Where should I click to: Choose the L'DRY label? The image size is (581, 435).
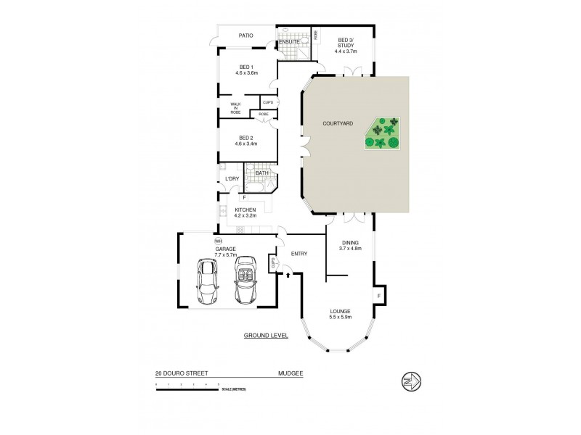click(232, 178)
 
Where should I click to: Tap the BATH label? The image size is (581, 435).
click(262, 173)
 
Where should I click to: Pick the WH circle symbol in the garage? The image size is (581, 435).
click(218, 240)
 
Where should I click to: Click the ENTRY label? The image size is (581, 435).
click(298, 254)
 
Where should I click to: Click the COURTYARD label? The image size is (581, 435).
click(338, 124)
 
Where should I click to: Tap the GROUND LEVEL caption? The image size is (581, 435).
click(266, 336)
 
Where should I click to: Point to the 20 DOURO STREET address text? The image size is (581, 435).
click(182, 373)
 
